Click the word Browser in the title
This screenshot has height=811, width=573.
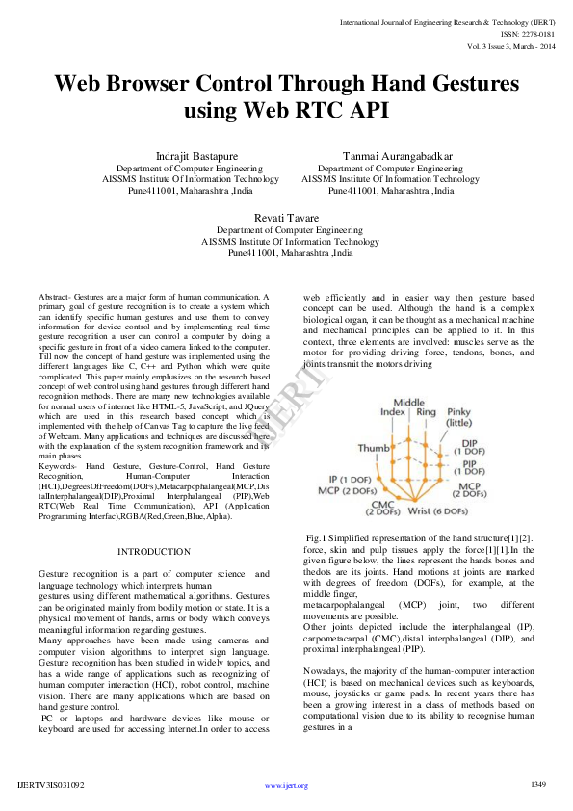click(169, 84)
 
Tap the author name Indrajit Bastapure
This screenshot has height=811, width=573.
click(191, 156)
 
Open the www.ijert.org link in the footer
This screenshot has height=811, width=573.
click(286, 785)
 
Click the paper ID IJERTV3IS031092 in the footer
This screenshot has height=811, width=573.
click(51, 785)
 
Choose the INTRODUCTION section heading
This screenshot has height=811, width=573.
click(153, 551)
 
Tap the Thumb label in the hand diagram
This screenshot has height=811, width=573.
click(374, 448)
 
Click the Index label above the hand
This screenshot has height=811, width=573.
click(392, 411)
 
